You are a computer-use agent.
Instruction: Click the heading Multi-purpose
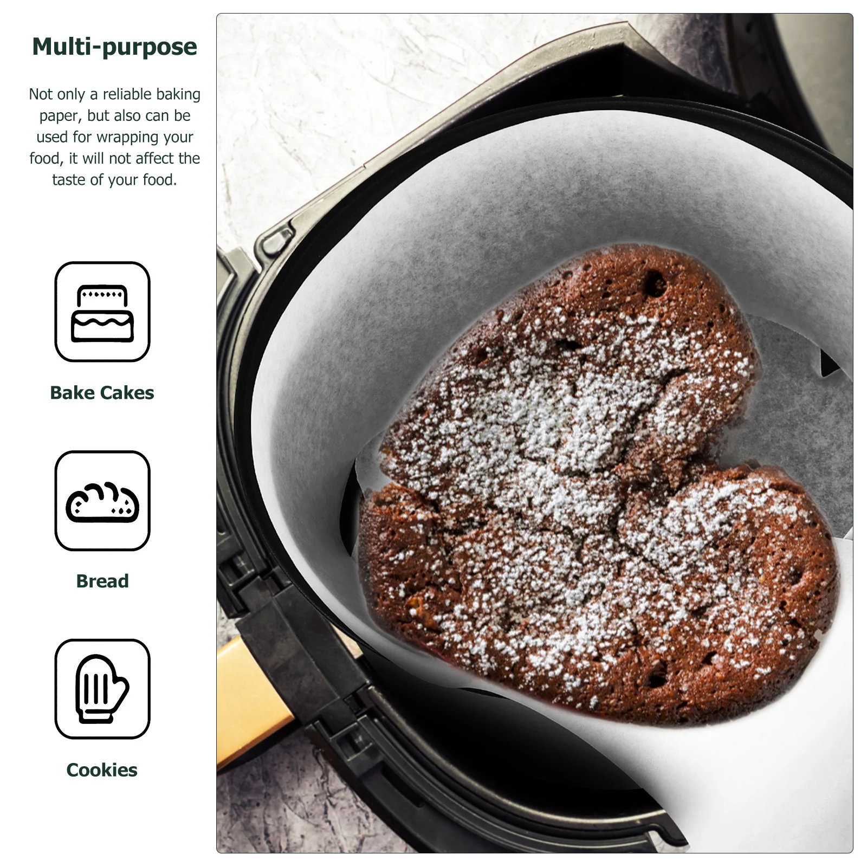pyautogui.click(x=114, y=47)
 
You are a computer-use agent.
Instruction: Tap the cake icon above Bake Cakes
pyautogui.click(x=102, y=312)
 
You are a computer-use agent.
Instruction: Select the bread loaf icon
pyautogui.click(x=102, y=501)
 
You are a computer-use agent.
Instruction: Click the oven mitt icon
pyautogui.click(x=102, y=689)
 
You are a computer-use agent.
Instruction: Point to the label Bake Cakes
pyautogui.click(x=102, y=393)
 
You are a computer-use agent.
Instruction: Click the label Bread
pyautogui.click(x=102, y=581)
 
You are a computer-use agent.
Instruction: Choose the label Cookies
pyautogui.click(x=102, y=770)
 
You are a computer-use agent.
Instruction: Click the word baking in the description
pyautogui.click(x=178, y=94)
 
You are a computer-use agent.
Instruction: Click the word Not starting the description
pyautogui.click(x=41, y=94)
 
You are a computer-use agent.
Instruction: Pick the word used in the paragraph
pyautogui.click(x=52, y=137)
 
